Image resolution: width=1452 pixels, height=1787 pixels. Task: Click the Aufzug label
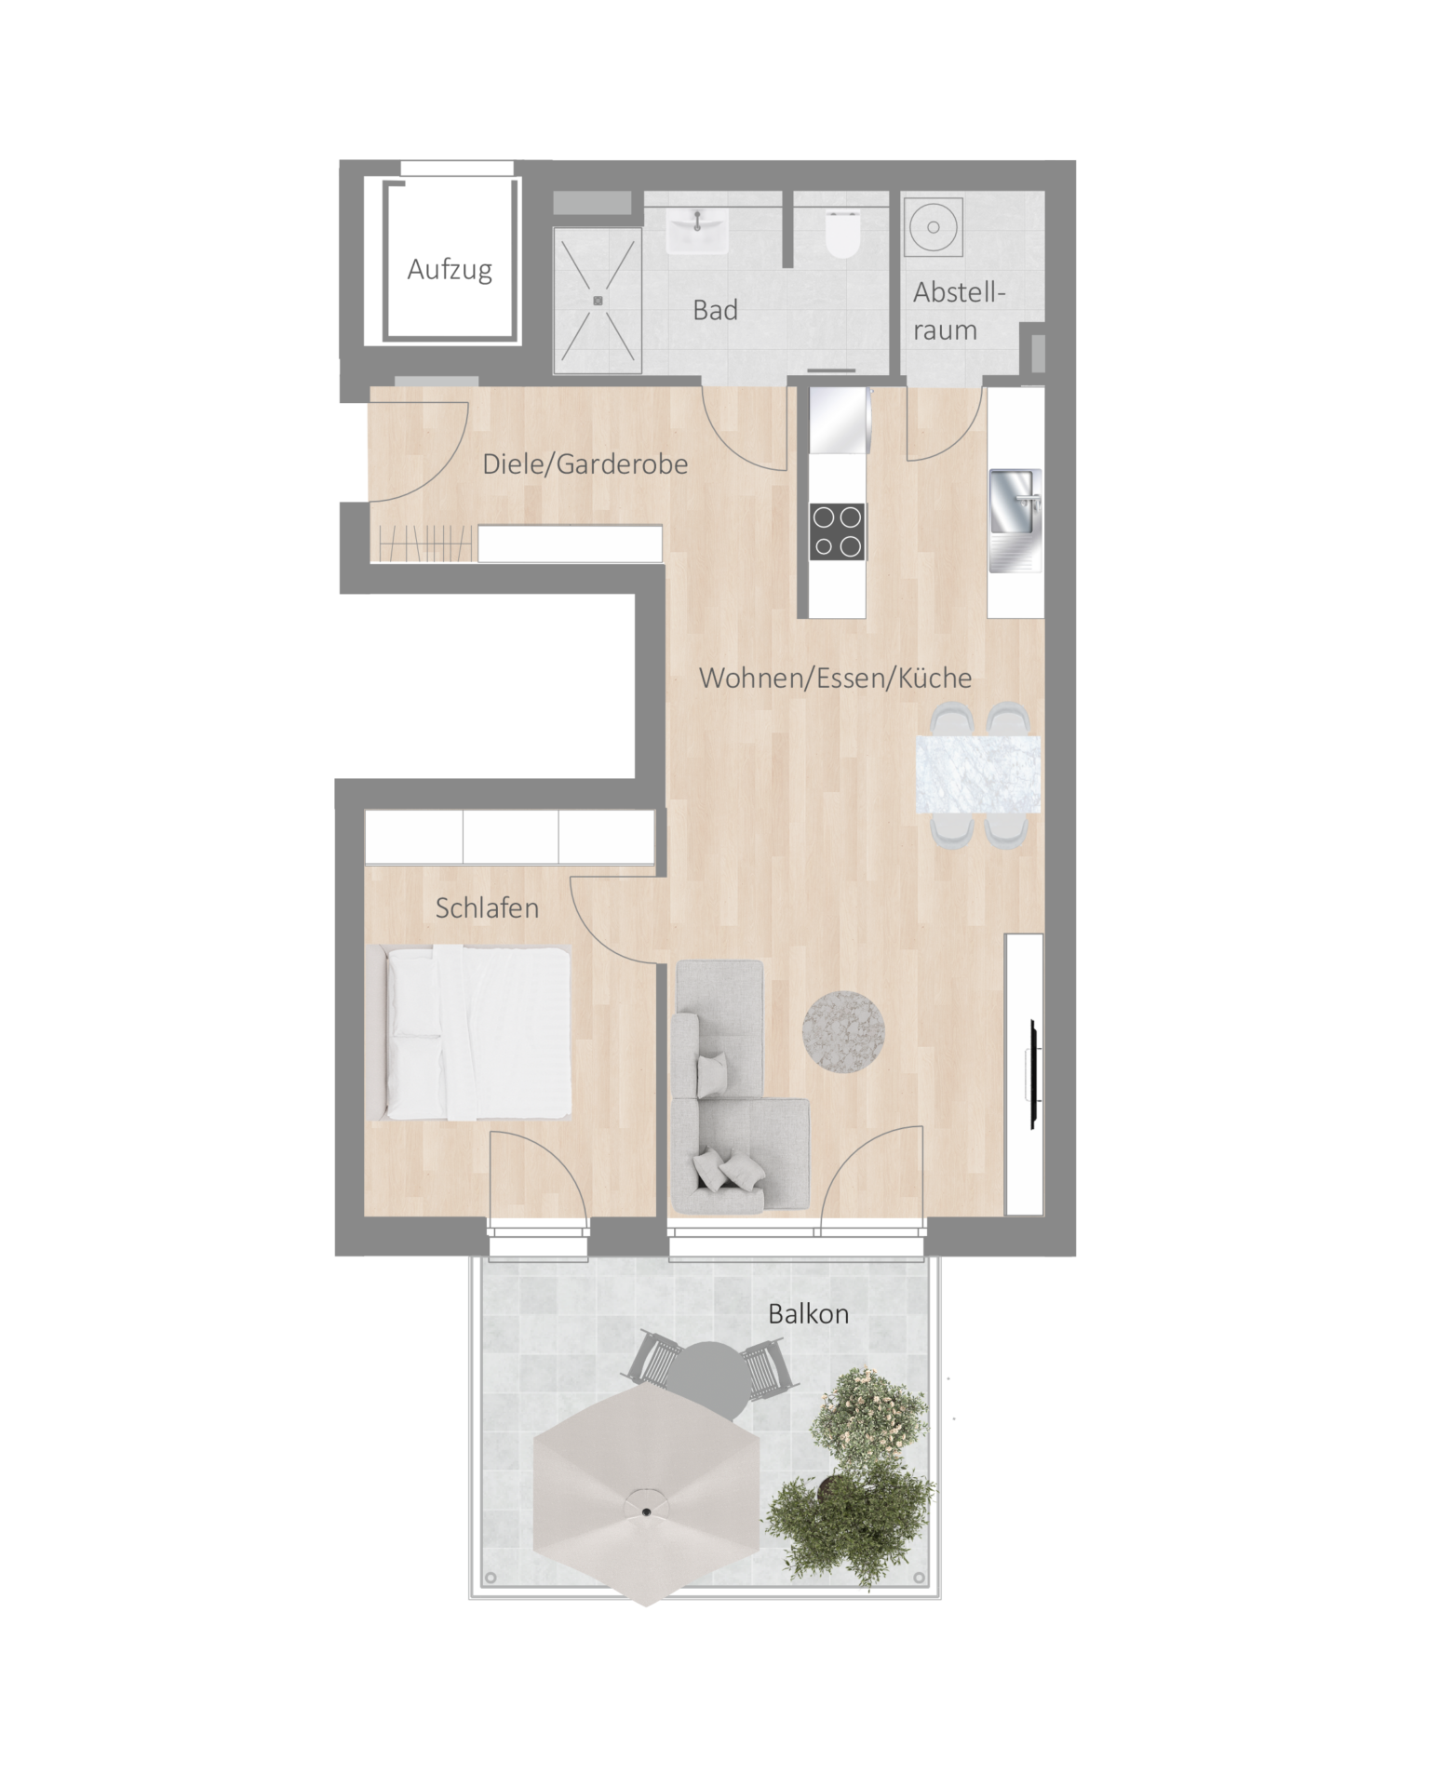450,270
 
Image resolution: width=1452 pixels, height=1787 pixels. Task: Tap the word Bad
715,310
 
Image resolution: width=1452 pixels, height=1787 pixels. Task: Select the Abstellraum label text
959,311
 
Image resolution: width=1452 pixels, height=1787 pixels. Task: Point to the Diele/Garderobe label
585,464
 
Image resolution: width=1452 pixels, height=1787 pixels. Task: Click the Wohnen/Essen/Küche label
835,678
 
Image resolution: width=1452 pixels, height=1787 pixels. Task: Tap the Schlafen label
487,907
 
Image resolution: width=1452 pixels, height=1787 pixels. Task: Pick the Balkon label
808,1313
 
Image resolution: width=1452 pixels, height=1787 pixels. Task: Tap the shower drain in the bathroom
598,300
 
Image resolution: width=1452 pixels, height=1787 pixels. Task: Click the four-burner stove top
837,531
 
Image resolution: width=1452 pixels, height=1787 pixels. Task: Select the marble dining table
977,774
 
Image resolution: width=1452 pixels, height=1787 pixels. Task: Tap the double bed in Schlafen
467,1032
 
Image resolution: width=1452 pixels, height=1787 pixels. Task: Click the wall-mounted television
1033,1075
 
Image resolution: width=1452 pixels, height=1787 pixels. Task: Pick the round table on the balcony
708,1377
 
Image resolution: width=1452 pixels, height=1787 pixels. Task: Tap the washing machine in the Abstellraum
932,226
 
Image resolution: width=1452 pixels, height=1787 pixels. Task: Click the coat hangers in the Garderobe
424,544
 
